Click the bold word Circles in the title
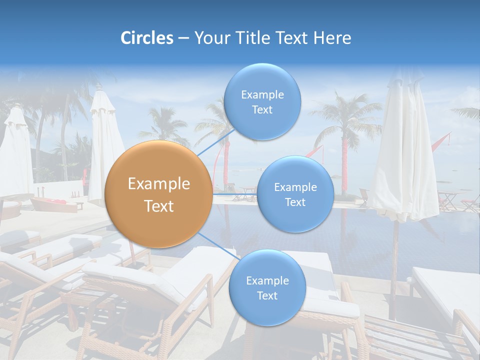146,38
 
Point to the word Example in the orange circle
158,184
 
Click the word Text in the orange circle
158,206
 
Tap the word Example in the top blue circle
262,94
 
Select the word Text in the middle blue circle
295,202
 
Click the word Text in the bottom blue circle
267,296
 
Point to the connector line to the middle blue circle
235,193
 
